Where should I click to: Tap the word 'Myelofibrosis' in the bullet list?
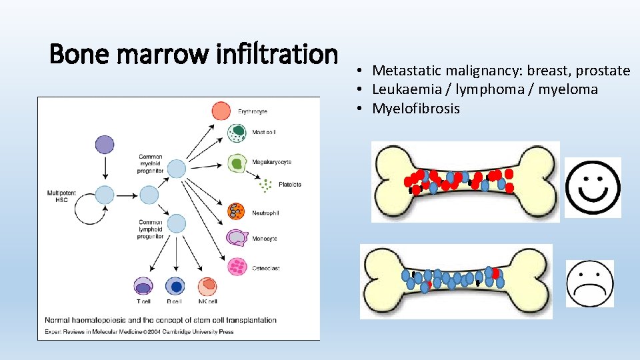coord(416,109)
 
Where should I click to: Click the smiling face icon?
coord(593,187)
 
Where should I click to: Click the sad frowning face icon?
coord(590,283)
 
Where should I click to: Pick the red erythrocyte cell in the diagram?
coord(221,110)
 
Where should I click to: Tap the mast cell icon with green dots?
coord(237,133)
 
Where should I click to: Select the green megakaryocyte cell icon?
coord(237,162)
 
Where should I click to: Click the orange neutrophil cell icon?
coord(236,211)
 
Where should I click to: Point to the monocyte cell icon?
coord(237,237)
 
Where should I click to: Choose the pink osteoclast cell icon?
coord(237,267)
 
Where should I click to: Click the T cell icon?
coord(143,287)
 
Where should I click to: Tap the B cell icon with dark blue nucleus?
coord(175,287)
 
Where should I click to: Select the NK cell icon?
coord(207,287)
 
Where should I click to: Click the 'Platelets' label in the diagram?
coord(289,185)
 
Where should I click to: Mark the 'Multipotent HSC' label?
coord(61,196)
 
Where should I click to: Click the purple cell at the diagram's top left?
coord(105,145)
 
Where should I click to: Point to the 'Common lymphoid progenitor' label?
coord(151,229)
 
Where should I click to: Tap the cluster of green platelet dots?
coord(267,185)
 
